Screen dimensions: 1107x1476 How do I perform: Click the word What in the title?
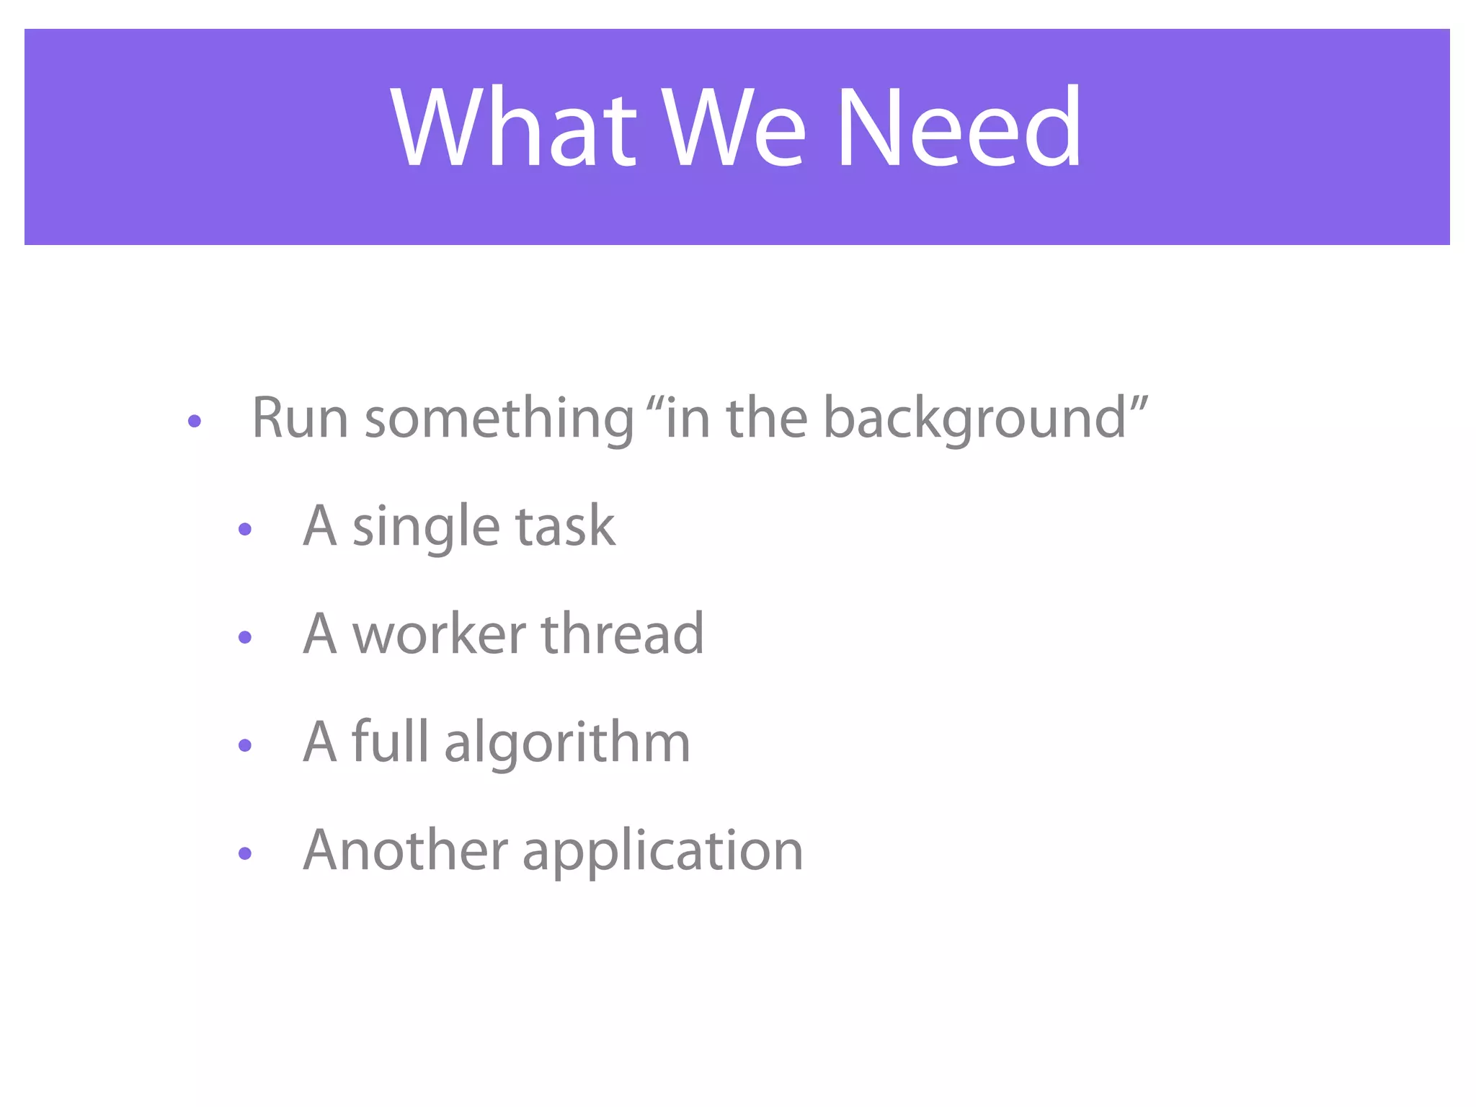pos(514,128)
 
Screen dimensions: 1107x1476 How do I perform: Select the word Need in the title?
pos(959,128)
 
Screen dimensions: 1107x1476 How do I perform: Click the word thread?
pos(622,634)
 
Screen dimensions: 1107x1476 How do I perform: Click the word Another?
pos(406,850)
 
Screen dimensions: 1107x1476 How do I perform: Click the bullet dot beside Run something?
pos(194,422)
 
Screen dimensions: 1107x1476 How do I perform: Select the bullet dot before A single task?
pos(245,530)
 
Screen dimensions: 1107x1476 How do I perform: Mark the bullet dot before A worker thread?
pos(245,637)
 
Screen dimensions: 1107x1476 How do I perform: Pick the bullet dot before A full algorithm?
pos(245,745)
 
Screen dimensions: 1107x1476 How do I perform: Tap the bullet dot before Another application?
pos(245,853)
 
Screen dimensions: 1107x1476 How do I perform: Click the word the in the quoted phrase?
pos(766,418)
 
